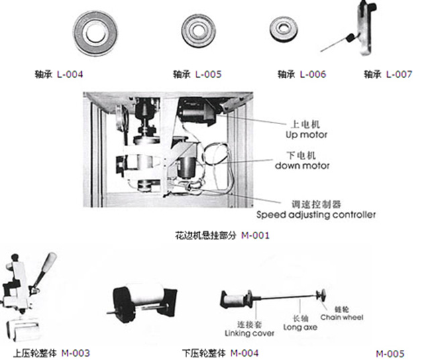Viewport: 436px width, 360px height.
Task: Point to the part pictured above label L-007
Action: tap(362, 30)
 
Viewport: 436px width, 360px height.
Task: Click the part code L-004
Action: tap(70, 74)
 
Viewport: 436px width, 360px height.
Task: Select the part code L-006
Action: tap(313, 74)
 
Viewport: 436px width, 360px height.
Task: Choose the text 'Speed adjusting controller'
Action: tap(316, 215)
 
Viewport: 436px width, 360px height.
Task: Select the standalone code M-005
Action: tap(390, 353)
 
